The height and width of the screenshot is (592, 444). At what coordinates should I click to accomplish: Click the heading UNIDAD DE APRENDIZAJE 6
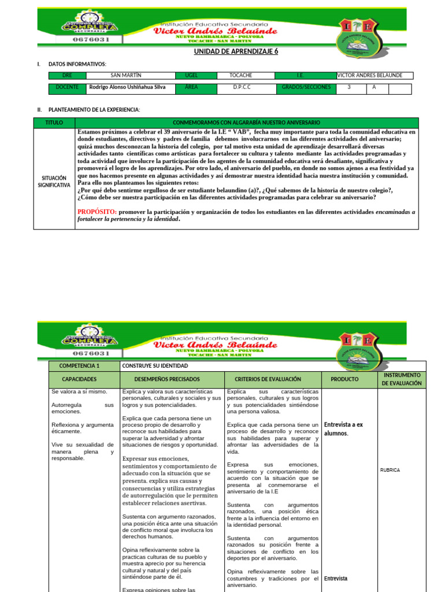coord(235,51)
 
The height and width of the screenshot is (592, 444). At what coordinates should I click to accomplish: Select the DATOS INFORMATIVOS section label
coord(77,64)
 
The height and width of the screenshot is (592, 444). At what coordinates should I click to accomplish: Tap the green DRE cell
coord(69,76)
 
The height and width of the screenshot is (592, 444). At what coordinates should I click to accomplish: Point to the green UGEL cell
coord(191,76)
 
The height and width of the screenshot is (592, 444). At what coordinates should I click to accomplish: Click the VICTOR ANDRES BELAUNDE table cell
coord(374,76)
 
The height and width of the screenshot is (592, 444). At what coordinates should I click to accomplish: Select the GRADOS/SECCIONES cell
coord(306,88)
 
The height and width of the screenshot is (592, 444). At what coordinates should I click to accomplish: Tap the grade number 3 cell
coord(349,88)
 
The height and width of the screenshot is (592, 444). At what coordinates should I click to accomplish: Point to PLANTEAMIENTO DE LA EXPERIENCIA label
coord(94,109)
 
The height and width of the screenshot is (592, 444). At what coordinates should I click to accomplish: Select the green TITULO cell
coord(54,123)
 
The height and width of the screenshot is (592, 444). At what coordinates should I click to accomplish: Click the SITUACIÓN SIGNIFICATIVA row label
coord(54,181)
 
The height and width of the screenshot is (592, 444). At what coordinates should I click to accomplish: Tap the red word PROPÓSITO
coord(97,212)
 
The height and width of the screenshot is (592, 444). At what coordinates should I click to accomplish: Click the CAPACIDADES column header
coord(84,379)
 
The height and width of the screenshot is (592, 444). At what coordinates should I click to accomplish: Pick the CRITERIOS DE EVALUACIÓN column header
coord(268,379)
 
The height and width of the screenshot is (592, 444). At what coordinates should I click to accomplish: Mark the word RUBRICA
coord(390,470)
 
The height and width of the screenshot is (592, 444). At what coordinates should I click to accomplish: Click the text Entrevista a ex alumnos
coord(344,428)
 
